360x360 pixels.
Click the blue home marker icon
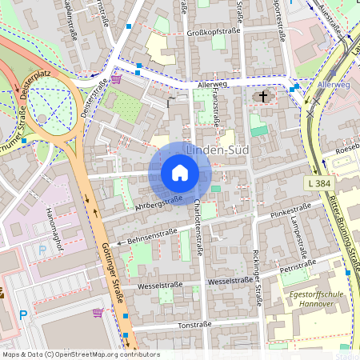tap(180, 173)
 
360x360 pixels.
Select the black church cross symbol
tap(262, 97)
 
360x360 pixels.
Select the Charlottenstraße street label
tap(198, 231)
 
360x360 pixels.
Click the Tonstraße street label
tap(194, 326)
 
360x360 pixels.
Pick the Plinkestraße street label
tap(290, 214)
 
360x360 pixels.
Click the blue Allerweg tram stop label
tap(333, 84)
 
